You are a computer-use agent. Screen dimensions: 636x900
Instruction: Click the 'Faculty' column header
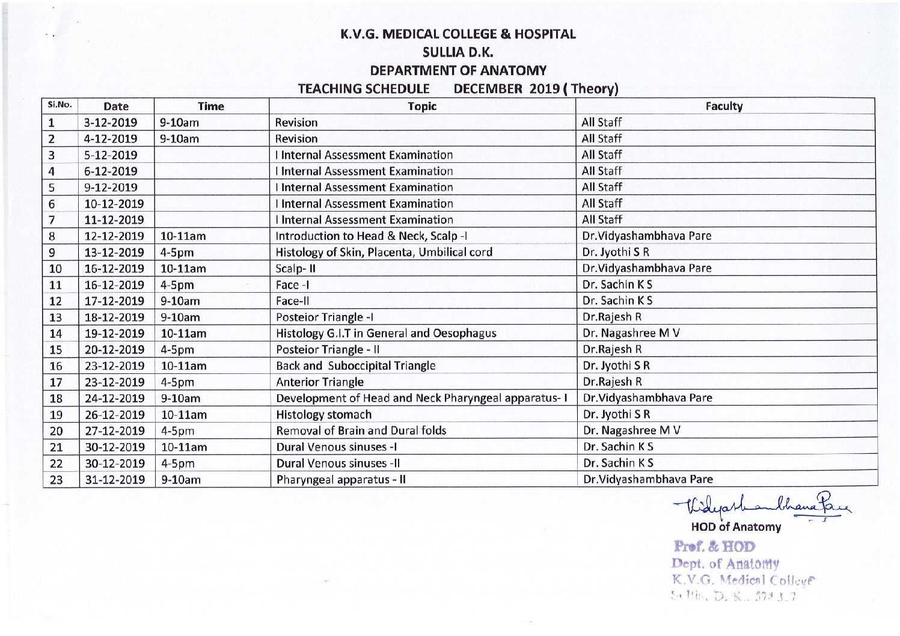coord(724,106)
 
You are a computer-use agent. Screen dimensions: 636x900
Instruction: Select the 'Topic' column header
coord(421,106)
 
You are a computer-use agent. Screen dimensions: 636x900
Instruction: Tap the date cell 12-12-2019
coord(114,236)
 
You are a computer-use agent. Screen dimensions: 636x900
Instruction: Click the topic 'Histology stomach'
coord(323,415)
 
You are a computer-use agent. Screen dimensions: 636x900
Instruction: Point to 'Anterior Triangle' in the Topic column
coord(320,382)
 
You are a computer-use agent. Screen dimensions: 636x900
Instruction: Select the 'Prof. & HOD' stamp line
coord(714,547)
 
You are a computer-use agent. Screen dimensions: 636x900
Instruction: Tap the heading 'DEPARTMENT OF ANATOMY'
coord(458,71)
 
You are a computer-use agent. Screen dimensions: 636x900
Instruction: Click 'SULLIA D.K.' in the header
coord(458,52)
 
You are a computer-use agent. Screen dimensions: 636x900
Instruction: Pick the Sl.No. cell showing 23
coord(56,480)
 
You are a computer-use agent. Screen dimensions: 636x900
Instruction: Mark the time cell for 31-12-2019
coord(181,480)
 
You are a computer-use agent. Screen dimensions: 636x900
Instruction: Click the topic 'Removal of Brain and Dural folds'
coord(361,431)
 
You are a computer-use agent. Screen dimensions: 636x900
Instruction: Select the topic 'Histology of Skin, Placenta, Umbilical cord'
coord(384,252)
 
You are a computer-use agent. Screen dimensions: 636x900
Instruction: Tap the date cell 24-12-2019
coord(114,399)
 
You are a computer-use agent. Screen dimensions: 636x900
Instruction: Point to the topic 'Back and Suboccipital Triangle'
coord(355,366)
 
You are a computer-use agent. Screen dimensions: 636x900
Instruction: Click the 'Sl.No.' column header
coord(60,105)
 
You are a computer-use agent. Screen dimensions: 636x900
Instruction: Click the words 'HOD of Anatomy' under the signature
coord(736,527)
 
